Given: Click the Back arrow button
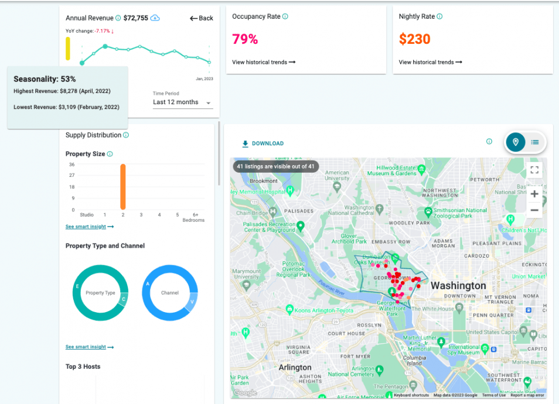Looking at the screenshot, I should coord(201,18).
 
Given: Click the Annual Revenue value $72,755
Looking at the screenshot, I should coord(137,18).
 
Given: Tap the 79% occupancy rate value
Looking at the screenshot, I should coord(245,39).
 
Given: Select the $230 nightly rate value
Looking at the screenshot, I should coord(414,39).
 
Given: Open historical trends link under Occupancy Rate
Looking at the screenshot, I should coord(264,62).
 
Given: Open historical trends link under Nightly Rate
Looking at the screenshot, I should coord(430,62).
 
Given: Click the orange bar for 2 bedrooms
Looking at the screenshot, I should coord(123,187).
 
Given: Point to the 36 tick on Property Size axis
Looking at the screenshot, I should coord(71,165).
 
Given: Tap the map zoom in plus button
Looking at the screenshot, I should coord(534,194).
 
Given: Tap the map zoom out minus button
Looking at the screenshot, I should coord(534,210).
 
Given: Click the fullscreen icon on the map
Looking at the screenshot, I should coord(534,170).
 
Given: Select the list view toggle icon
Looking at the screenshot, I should coord(535,142).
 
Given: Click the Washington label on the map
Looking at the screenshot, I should coord(458,286).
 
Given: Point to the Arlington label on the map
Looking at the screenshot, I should coord(295,367).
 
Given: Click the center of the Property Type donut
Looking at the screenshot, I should coord(100,293).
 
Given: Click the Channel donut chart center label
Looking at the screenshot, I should coord(169,293).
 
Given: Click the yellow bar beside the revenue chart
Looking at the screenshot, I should coord(68,49).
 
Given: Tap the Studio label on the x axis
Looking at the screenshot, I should coord(87,215).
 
